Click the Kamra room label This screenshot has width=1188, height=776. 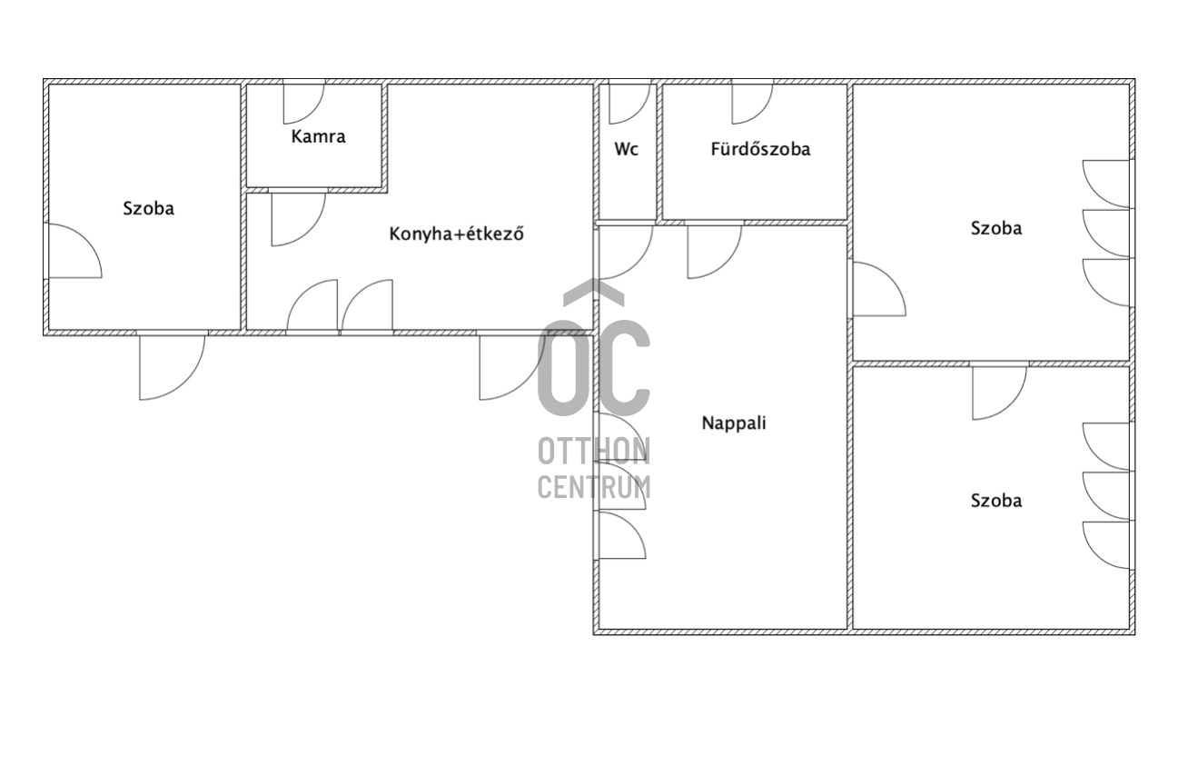tap(318, 137)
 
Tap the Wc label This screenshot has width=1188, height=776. tap(627, 149)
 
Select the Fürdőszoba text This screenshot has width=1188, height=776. tap(760, 149)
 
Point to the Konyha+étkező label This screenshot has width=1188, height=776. tap(456, 234)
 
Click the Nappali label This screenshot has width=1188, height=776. tap(734, 423)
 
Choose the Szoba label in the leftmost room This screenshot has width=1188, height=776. tap(149, 208)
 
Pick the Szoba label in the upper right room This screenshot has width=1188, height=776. tap(996, 229)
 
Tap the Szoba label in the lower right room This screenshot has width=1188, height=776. tap(996, 501)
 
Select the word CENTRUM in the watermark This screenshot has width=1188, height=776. tap(594, 486)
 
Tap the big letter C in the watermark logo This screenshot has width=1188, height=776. tap(604, 368)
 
